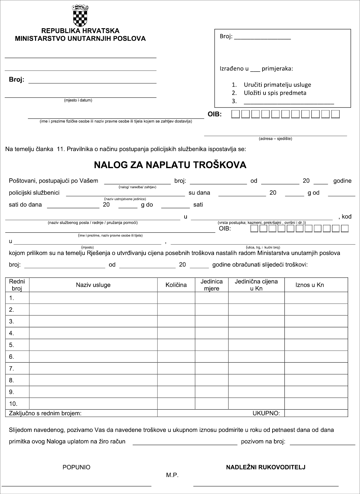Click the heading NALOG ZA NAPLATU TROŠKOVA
click(170, 165)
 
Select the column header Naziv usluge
click(93, 285)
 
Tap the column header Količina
click(176, 285)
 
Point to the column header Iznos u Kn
click(310, 285)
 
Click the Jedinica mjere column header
click(212, 285)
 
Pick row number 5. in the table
click(12, 345)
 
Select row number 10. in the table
click(13, 404)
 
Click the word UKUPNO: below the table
click(266, 413)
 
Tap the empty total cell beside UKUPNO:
click(316, 413)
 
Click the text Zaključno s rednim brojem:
click(45, 413)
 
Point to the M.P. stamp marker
click(172, 475)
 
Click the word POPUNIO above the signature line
click(76, 467)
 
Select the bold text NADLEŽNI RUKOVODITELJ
click(265, 467)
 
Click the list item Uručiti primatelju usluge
click(277, 85)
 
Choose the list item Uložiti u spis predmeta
click(275, 93)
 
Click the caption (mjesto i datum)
click(78, 100)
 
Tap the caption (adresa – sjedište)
click(275, 139)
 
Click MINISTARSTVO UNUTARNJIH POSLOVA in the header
click(80, 38)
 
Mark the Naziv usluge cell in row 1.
click(93, 298)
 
